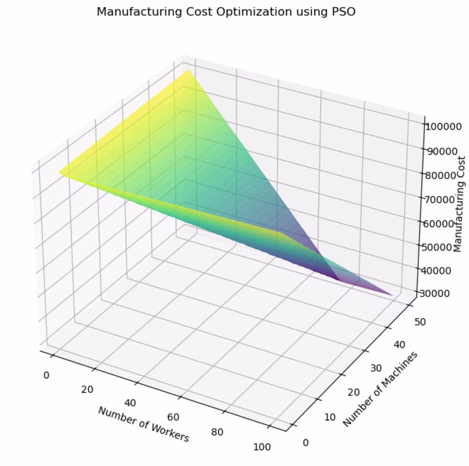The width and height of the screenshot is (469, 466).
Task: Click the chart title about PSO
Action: point(226,12)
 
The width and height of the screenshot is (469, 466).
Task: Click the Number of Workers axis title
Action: point(143,424)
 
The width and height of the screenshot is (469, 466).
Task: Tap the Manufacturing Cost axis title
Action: point(459,204)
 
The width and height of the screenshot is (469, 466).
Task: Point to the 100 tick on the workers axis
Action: point(262,447)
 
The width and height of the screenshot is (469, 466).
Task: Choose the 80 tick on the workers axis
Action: point(217,432)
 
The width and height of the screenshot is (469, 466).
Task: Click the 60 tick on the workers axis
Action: point(173,417)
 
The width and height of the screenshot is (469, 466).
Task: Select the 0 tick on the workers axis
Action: point(46,375)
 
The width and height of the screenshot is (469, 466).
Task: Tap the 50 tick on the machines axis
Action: point(420,322)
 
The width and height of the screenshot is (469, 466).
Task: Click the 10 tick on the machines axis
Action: point(330,417)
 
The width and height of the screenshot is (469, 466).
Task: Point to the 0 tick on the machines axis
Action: point(305,443)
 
